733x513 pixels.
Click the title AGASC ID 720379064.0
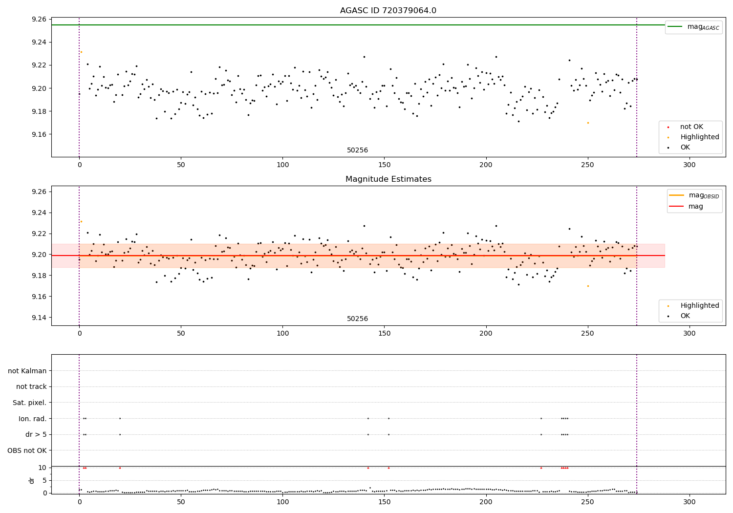(388, 11)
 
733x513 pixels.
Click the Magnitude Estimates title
(388, 179)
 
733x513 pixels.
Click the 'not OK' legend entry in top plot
(691, 127)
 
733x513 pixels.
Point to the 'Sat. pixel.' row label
(30, 403)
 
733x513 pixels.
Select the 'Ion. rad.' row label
(33, 419)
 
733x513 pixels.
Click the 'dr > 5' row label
(36, 434)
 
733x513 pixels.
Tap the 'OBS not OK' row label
(27, 450)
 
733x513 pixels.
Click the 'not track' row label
(31, 387)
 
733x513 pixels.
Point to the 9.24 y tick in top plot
(39, 42)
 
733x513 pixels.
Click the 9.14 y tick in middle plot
(39, 318)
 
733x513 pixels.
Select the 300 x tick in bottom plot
(689, 502)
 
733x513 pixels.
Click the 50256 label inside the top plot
(358, 150)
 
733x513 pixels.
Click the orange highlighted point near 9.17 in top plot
(588, 123)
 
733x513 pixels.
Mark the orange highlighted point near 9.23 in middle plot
(81, 221)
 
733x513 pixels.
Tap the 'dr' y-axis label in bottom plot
(32, 480)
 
